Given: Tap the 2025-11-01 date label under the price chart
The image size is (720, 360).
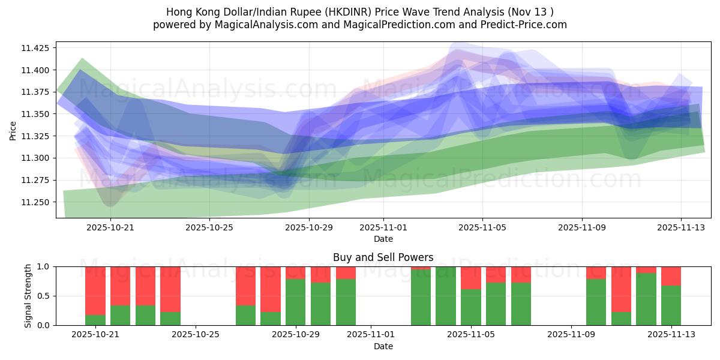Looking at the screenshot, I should [383, 227].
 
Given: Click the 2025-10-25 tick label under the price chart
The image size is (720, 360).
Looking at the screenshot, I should [209, 227].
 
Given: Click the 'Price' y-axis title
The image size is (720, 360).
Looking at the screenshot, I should [13, 130].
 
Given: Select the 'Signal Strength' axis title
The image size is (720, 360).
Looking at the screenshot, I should [28, 295].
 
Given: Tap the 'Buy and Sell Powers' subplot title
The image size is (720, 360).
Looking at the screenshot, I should [383, 257].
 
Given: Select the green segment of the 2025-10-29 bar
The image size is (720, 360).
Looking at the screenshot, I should [296, 302].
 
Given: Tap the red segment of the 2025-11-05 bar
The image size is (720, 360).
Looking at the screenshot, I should [471, 278].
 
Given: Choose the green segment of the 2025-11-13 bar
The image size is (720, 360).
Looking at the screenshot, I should [671, 305].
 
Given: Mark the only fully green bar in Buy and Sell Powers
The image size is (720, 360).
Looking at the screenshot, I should [446, 296].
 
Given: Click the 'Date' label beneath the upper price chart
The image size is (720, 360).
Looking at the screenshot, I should [383, 239].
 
